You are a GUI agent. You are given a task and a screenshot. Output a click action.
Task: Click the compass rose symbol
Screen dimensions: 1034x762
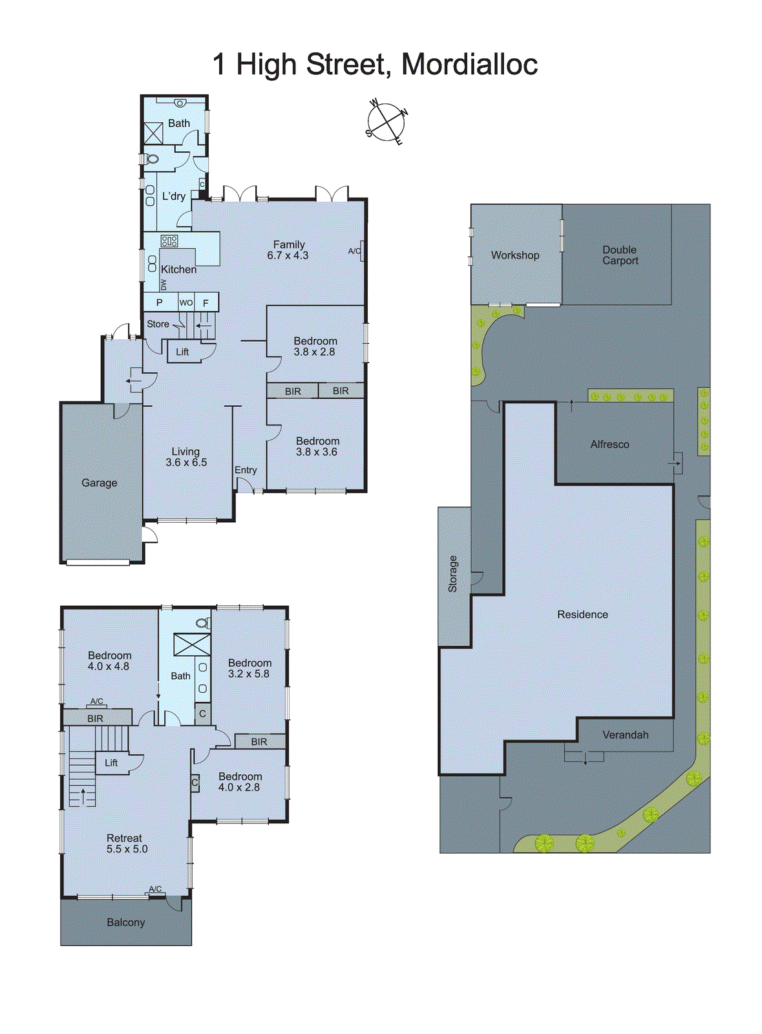pos(386,121)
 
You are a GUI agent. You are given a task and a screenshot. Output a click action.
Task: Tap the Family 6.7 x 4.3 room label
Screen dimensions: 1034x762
pos(288,249)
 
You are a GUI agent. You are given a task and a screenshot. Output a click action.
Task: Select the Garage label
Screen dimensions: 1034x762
pos(100,483)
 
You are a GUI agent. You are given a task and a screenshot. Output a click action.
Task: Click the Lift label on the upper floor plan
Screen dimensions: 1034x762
pos(111,763)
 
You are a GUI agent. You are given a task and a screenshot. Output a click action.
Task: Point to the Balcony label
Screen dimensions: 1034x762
pos(126,922)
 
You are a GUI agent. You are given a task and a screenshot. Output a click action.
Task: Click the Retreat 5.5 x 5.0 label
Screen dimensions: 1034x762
pos(126,843)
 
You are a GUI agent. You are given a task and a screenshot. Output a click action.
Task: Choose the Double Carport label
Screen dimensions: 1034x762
pos(620,255)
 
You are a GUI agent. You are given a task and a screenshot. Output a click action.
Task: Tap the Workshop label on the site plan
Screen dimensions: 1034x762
pos(515,255)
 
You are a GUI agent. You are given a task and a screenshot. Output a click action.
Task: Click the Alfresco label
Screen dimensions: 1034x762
pos(609,445)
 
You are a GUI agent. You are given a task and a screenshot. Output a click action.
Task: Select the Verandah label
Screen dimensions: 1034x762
pos(625,735)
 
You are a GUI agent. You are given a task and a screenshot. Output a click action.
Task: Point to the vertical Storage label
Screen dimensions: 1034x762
pos(452,574)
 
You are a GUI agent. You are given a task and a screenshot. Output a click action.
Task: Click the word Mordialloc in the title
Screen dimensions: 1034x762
pos(469,65)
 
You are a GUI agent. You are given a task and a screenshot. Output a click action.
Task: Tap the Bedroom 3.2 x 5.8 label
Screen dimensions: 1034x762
pos(249,668)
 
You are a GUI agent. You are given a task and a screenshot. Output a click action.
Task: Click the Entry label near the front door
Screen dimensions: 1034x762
pos(246,470)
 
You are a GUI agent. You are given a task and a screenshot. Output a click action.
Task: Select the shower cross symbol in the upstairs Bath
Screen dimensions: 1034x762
pos(192,645)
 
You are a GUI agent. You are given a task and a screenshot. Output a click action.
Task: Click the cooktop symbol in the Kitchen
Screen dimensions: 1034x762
pos(169,241)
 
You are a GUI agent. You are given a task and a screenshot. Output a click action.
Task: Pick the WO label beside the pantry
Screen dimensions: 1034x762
pos(186,302)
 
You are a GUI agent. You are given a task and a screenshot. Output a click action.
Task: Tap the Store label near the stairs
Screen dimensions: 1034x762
pos(158,324)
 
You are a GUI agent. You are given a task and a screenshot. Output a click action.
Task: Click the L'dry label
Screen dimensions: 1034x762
pos(173,196)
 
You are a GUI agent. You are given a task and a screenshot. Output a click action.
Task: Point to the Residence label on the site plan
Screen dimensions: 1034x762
pos(582,615)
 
